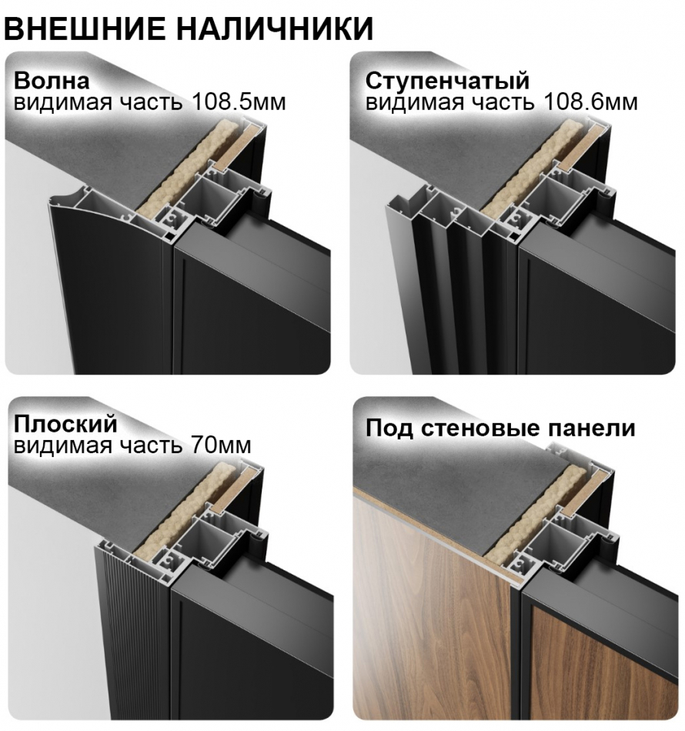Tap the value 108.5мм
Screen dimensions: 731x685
234,102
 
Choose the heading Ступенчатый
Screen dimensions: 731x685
447,81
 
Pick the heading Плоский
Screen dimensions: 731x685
65,423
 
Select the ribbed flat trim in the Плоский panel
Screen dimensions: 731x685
131,639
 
